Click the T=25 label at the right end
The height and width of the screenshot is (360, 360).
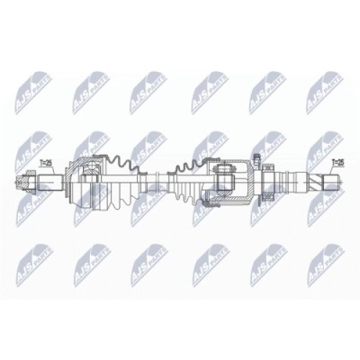pos(338,163)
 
